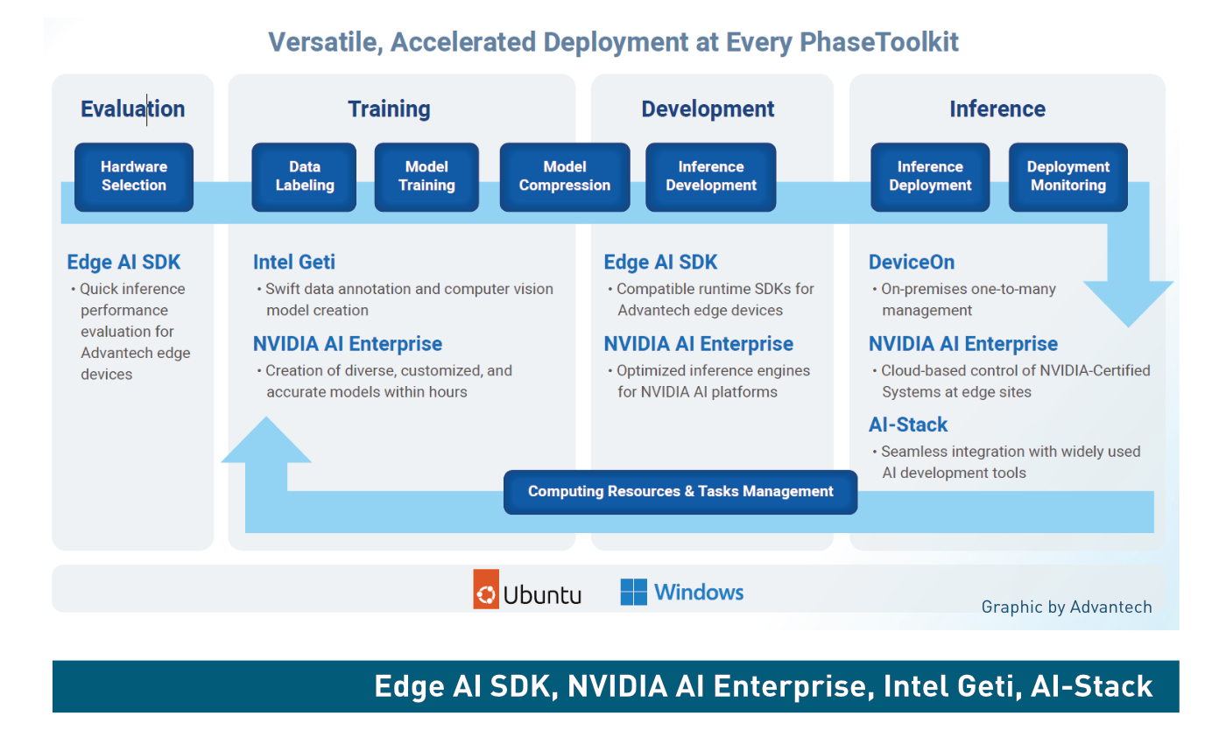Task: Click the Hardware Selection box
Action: click(x=134, y=177)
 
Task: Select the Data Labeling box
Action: click(x=305, y=177)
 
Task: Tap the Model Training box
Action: click(x=427, y=177)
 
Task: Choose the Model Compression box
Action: click(x=565, y=177)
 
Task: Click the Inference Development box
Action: click(x=711, y=177)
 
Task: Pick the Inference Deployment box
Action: click(x=930, y=177)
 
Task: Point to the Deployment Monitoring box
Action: click(x=1068, y=177)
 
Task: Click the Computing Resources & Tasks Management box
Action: click(x=680, y=492)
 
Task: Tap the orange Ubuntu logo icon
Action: click(x=486, y=589)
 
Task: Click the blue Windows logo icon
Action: click(x=634, y=592)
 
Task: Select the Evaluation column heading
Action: click(x=133, y=109)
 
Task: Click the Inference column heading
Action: click(x=997, y=109)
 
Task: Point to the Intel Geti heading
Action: click(x=294, y=262)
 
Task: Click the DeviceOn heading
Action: click(x=912, y=262)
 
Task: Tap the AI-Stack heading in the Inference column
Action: click(x=908, y=425)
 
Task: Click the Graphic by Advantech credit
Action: click(x=1067, y=607)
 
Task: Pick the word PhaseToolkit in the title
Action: click(x=879, y=42)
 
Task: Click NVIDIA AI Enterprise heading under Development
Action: click(x=699, y=344)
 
